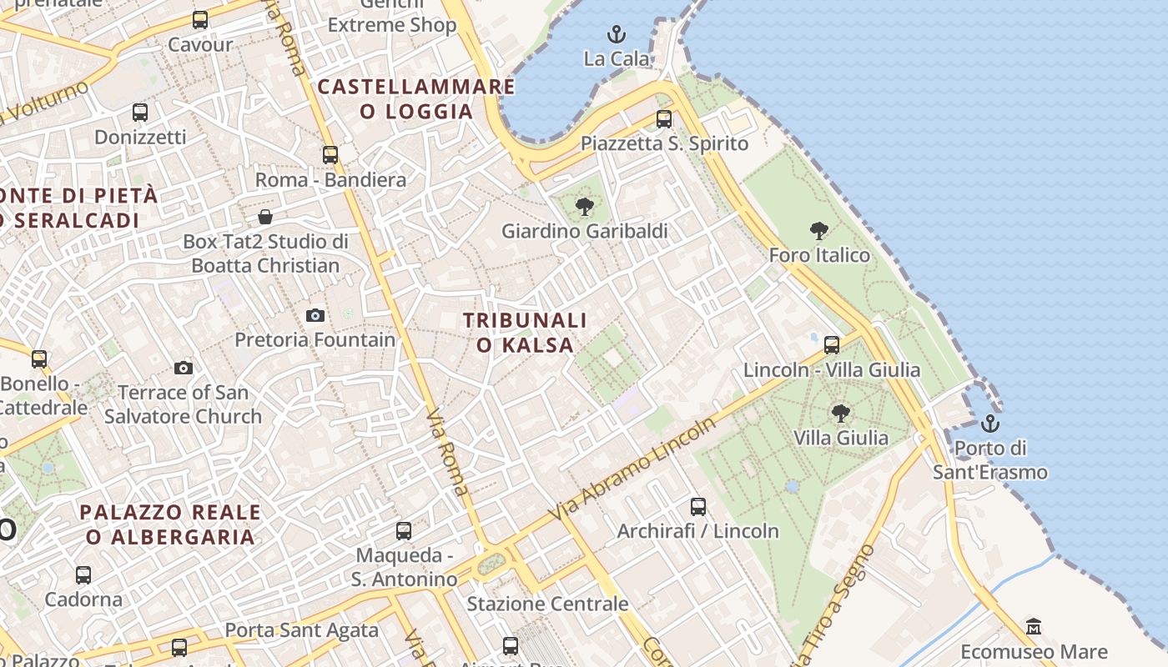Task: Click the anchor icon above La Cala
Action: (617, 34)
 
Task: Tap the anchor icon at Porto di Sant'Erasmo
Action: (990, 424)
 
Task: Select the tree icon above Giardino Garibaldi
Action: (585, 206)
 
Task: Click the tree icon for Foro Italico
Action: (819, 231)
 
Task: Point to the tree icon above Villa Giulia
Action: (841, 413)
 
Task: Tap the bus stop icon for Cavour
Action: (200, 20)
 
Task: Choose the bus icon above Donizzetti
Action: (140, 112)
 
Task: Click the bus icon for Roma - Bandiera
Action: (330, 155)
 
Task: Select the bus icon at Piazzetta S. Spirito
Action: (664, 119)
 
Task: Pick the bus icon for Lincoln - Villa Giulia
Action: (832, 345)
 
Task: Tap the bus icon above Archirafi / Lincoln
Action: (698, 506)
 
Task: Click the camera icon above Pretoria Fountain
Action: (315, 315)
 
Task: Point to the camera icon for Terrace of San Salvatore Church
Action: (184, 368)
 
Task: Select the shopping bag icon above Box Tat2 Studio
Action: (265, 217)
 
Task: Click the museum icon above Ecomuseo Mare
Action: (1034, 627)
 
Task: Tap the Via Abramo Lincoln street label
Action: (633, 472)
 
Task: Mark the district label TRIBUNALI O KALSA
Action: (526, 333)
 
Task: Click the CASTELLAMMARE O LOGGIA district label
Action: (416, 98)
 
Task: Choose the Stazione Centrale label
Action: (547, 604)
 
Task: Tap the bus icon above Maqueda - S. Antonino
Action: (404, 530)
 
